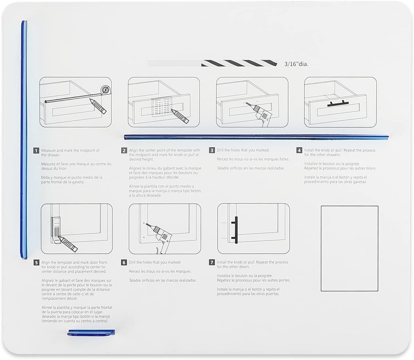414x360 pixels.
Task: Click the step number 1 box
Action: coord(36,151)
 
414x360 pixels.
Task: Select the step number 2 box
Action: coord(124,151)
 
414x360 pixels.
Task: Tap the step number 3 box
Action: coord(212,151)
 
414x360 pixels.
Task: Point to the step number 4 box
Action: coord(299,151)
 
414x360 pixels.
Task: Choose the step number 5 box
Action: coord(36,262)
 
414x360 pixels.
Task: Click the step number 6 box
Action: coord(124,262)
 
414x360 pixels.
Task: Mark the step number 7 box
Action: coord(212,262)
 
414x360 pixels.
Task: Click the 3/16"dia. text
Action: coord(296,64)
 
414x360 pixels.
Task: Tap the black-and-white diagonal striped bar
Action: coord(239,63)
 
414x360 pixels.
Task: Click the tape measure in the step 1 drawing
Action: coord(106,89)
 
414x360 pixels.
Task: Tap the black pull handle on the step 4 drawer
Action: coord(338,103)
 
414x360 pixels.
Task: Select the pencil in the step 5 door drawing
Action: coord(67,244)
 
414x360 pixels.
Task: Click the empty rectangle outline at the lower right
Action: coord(349,248)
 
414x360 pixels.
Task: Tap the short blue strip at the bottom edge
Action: coord(91,332)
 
